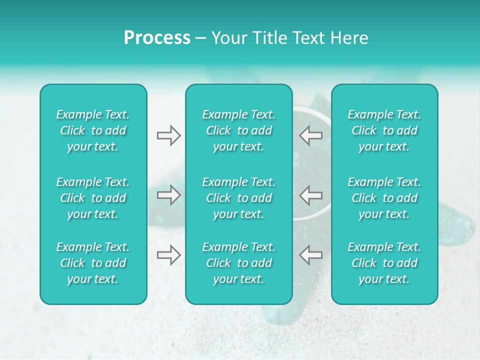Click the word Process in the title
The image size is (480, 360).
(x=157, y=38)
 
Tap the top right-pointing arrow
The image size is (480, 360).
(x=168, y=135)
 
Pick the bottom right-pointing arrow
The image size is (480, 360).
(x=168, y=255)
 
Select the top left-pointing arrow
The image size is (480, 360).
(x=311, y=135)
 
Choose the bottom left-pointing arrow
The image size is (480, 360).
(x=311, y=255)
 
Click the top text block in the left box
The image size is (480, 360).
(x=93, y=130)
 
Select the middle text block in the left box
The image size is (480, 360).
(x=93, y=198)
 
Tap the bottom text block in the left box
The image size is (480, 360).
(x=93, y=263)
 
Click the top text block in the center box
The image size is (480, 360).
(x=239, y=130)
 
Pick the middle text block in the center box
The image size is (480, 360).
(x=239, y=198)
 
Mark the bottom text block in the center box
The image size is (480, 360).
(x=239, y=263)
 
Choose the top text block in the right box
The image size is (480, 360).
(x=384, y=130)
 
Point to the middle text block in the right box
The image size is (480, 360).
(x=384, y=198)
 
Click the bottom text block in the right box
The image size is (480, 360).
(x=384, y=263)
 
